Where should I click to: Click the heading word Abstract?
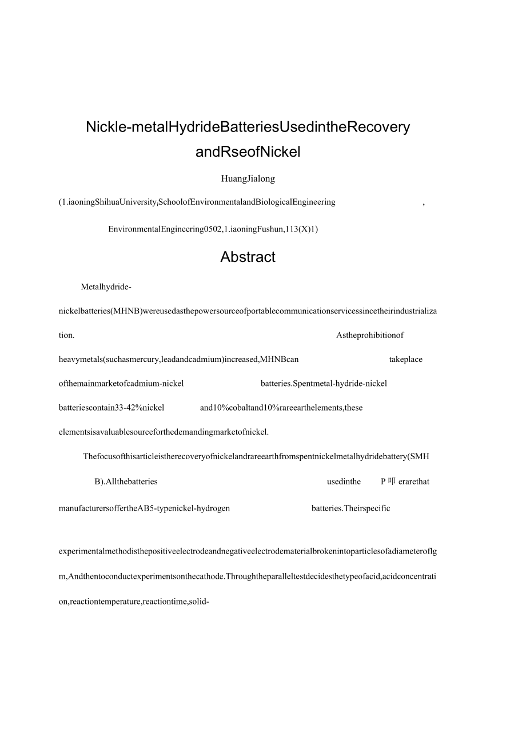click(248, 257)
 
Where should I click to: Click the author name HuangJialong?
click(248, 178)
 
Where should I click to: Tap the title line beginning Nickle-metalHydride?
click(248, 127)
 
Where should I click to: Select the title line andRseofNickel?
click(248, 152)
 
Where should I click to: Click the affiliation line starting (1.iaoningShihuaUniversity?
click(197, 202)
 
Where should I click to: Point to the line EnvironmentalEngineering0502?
click(213, 229)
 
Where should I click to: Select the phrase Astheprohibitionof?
click(370, 335)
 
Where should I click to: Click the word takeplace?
click(405, 360)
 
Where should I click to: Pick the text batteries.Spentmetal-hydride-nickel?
click(324, 383)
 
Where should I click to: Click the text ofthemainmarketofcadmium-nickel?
click(121, 383)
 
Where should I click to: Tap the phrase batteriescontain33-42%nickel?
click(111, 408)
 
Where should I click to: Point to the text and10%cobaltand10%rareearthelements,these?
click(281, 408)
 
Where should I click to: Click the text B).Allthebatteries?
click(126, 482)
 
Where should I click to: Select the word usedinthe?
click(344, 482)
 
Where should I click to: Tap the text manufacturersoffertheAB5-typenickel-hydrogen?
click(144, 508)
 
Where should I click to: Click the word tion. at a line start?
click(66, 335)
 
